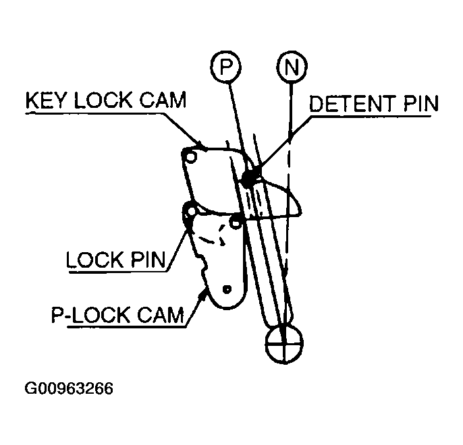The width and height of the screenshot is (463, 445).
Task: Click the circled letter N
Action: tap(292, 67)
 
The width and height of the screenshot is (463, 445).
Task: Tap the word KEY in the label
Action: tap(45, 100)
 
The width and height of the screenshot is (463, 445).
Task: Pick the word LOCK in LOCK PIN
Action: tap(94, 260)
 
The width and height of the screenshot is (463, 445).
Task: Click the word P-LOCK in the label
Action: tap(90, 315)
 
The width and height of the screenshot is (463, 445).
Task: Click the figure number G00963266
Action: tap(69, 388)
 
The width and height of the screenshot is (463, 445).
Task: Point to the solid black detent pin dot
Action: tap(250, 177)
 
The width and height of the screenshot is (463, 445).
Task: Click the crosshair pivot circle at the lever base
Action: tap(284, 344)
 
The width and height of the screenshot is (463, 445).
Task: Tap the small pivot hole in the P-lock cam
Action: tap(227, 289)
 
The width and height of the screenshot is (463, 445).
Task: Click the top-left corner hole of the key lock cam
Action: tap(191, 157)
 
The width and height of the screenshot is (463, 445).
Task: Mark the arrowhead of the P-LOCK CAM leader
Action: tap(203, 294)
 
